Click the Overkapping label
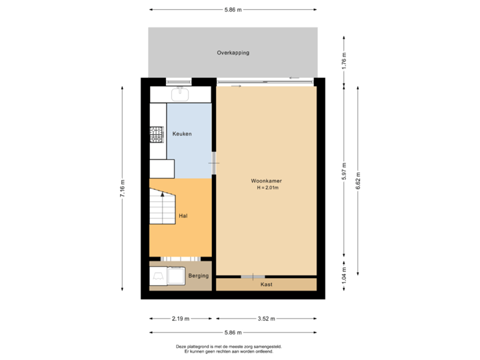[233, 53]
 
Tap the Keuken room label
[182, 134]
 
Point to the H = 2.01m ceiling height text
[267, 188]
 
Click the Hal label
[183, 216]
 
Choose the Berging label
[198, 275]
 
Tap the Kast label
[266, 285]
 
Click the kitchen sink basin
[179, 94]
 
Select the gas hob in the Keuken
[157, 135]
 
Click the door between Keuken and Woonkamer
[213, 163]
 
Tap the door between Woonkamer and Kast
[253, 277]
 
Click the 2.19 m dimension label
[181, 319]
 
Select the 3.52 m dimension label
[266, 319]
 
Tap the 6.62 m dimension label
[358, 181]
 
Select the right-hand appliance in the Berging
[176, 275]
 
